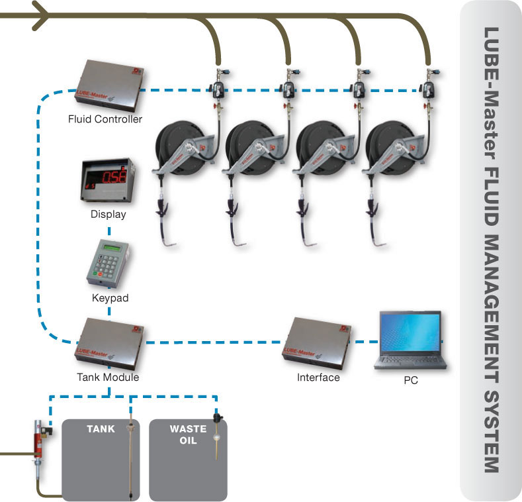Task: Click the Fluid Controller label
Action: click(105, 120)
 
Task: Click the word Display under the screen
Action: click(108, 215)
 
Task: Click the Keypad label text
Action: click(109, 298)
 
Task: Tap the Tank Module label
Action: click(107, 377)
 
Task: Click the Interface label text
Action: click(318, 377)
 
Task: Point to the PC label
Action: click(410, 381)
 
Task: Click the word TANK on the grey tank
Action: click(101, 428)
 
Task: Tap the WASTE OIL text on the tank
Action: click(188, 434)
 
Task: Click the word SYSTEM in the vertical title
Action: click(490, 438)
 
